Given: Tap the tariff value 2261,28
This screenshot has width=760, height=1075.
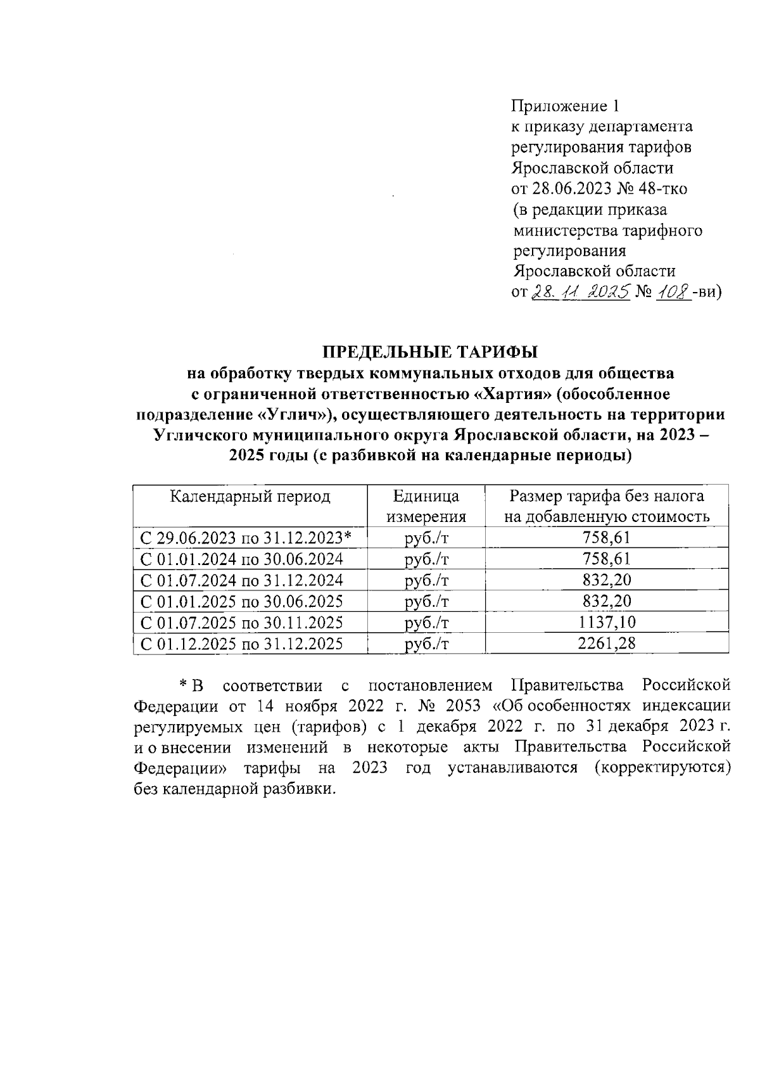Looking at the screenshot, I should pyautogui.click(x=607, y=644).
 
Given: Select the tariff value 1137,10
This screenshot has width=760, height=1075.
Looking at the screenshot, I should pyautogui.click(x=607, y=622).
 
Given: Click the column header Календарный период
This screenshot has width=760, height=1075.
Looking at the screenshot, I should pyautogui.click(x=250, y=496).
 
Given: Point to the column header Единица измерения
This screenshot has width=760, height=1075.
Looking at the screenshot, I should pyautogui.click(x=426, y=506).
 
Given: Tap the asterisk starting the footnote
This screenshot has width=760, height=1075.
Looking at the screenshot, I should pyautogui.click(x=182, y=685).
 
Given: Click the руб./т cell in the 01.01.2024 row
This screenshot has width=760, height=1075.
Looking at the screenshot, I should pyautogui.click(x=426, y=559).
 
